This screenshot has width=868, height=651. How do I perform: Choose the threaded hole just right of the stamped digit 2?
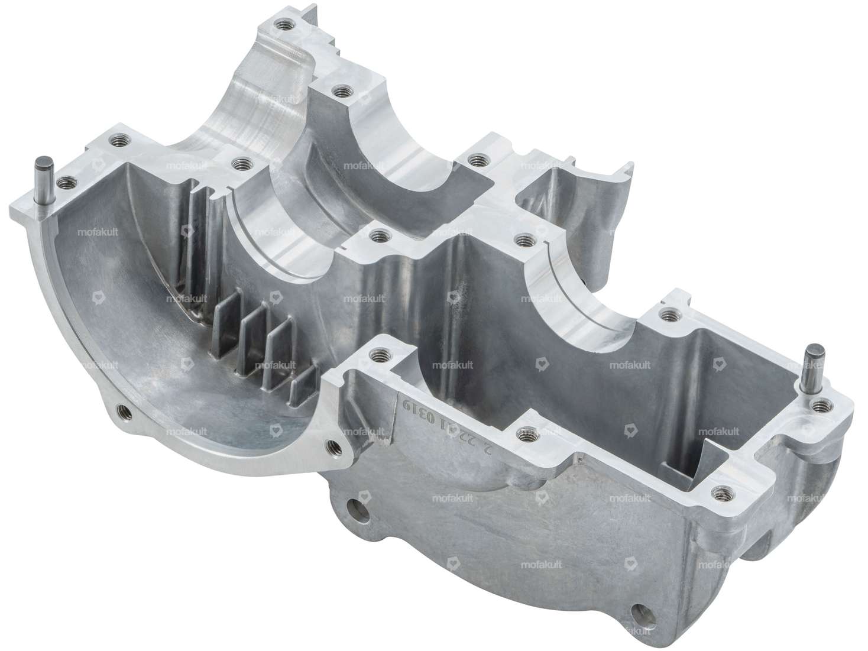point(523,435)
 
